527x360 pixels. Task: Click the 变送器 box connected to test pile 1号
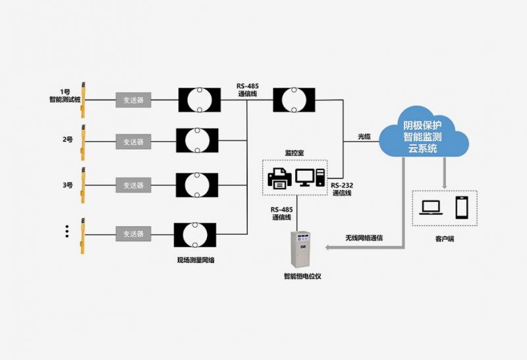pos(133,100)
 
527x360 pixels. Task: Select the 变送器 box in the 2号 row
pos(133,141)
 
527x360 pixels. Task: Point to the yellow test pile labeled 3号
pos(84,184)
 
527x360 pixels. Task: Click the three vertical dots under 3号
pos(67,231)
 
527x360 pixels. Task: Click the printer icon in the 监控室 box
pos(279,178)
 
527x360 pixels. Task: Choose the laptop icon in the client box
pos(432,208)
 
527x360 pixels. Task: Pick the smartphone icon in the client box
pos(462,207)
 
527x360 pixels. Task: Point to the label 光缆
pos(364,136)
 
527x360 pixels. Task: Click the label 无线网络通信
pos(364,237)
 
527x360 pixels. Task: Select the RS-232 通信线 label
pos(341,189)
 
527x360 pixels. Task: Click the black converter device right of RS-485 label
pos(293,100)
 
